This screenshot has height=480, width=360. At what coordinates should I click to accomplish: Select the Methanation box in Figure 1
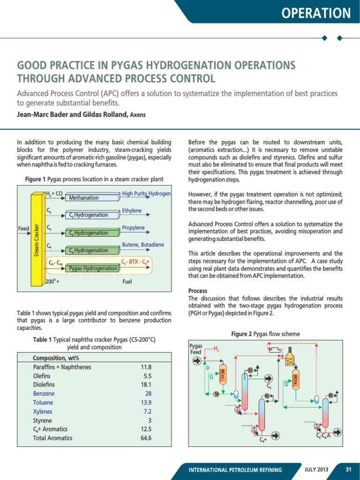84,198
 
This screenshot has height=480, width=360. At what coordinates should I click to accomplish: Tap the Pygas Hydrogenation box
93,268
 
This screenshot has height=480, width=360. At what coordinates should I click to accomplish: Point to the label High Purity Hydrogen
146,193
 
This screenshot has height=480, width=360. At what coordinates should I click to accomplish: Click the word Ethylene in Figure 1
132,210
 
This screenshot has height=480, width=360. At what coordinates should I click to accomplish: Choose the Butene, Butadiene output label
143,245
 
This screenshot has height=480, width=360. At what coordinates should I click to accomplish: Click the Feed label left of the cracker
23,229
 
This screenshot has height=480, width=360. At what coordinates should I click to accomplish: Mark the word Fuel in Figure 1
127,282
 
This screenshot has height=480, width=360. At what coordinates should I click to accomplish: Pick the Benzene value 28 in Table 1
148,393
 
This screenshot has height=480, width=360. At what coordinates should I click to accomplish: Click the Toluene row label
43,402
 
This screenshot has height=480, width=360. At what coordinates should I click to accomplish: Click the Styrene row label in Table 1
42,420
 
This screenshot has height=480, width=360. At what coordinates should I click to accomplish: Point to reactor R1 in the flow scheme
223,374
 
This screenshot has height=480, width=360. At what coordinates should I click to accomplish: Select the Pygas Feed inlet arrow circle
196,360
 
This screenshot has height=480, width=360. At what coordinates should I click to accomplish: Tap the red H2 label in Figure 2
216,349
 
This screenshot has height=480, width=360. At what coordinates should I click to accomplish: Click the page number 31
348,469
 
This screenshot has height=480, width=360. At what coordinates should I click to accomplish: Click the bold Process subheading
197,291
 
